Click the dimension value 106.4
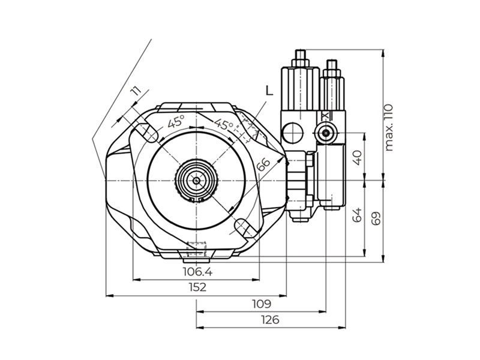[197, 272]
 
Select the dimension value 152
[197, 287]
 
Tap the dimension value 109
[262, 304]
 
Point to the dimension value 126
[271, 320]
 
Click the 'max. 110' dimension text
[388, 127]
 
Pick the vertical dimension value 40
[357, 158]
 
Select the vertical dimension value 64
[357, 215]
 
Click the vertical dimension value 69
[376, 218]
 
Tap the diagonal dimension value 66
[263, 164]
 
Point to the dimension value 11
[135, 91]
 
